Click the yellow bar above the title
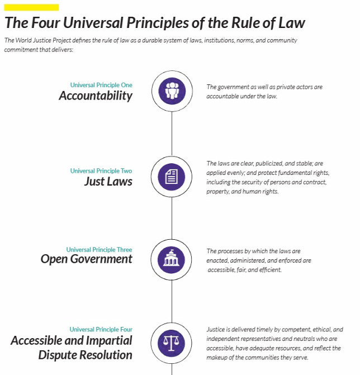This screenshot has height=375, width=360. [x=31, y=7]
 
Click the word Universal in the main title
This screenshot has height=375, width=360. [x=93, y=23]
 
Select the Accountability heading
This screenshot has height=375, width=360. [x=96, y=96]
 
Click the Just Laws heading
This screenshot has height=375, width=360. [x=108, y=181]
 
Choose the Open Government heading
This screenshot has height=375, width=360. [x=86, y=259]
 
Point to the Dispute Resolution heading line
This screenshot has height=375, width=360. [x=86, y=355]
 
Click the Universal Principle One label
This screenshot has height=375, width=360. [x=101, y=85]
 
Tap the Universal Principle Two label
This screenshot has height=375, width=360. [x=101, y=171]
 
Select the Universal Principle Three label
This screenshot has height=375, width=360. [x=100, y=250]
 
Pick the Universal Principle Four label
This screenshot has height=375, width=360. [x=101, y=329]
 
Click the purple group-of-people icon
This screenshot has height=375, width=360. [x=172, y=91]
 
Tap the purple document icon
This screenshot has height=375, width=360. [x=172, y=177]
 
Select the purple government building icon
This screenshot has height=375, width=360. [x=171, y=260]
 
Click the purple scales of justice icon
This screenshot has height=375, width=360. [x=171, y=343]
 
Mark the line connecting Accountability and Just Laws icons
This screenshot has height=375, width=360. [x=172, y=134]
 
